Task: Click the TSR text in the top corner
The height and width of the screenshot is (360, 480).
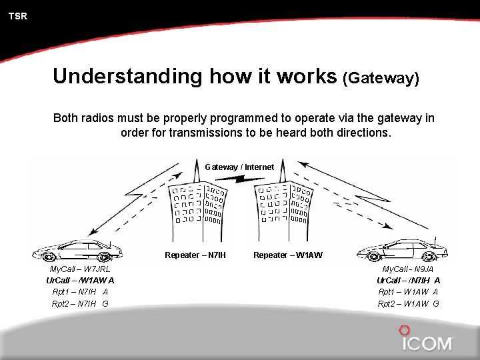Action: point(18,16)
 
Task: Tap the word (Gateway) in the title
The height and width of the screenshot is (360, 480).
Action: point(381,78)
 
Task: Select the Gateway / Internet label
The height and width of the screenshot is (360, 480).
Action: point(239,167)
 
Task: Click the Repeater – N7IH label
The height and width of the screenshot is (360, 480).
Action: point(195,255)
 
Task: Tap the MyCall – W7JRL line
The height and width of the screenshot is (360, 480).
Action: point(81,269)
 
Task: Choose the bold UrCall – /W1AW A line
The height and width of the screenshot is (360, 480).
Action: point(80,281)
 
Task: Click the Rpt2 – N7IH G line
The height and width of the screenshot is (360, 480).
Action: point(80,304)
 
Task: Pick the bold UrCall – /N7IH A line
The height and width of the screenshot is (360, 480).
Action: point(408,281)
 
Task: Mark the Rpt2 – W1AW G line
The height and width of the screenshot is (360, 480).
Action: point(408,304)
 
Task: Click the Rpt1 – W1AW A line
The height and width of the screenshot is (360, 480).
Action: point(408,292)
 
